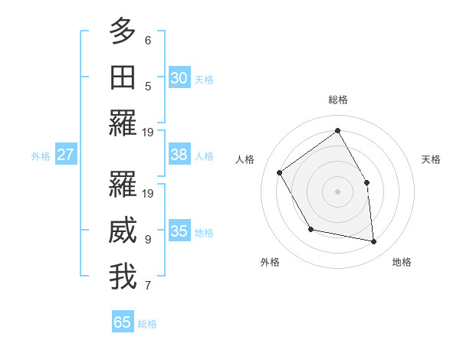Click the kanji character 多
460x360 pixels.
coord(123,31)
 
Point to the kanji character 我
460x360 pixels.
coord(123,277)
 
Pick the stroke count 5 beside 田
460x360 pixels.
coord(148,86)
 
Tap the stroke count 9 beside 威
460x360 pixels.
coord(148,239)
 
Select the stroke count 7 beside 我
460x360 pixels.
coord(148,286)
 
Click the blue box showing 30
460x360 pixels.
coord(179,78)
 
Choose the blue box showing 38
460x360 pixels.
coord(179,155)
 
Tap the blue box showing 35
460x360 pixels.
coord(179,231)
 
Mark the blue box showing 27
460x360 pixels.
coord(65,155)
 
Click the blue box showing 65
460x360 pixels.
coord(123,322)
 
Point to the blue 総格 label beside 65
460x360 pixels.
coord(147,324)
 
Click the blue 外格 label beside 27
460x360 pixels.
coord(41,156)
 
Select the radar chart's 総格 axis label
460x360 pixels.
coord(337,100)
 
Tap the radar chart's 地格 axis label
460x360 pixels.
coord(402,262)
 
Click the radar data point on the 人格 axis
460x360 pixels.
coord(280,172)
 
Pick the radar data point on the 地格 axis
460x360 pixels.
coord(373,241)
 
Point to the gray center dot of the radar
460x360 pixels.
coord(337,191)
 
